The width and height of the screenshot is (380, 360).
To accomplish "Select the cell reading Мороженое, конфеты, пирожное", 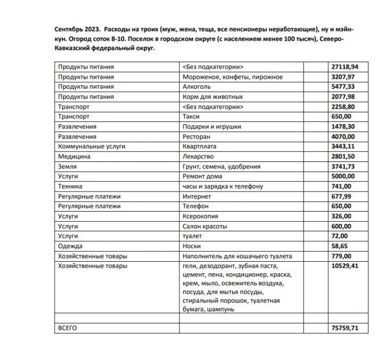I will [233, 77].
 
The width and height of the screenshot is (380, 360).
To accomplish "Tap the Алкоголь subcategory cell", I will [198, 87].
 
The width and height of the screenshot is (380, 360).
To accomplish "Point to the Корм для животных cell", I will [213, 97].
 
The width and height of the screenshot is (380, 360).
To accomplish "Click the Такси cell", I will [192, 116].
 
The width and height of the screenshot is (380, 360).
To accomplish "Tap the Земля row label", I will [67, 166].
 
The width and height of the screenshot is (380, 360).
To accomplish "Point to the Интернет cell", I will [197, 197].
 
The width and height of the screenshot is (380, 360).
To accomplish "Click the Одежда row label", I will [70, 246].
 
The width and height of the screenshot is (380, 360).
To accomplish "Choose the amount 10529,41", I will [344, 266].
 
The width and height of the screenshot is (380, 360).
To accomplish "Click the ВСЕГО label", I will [68, 328].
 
